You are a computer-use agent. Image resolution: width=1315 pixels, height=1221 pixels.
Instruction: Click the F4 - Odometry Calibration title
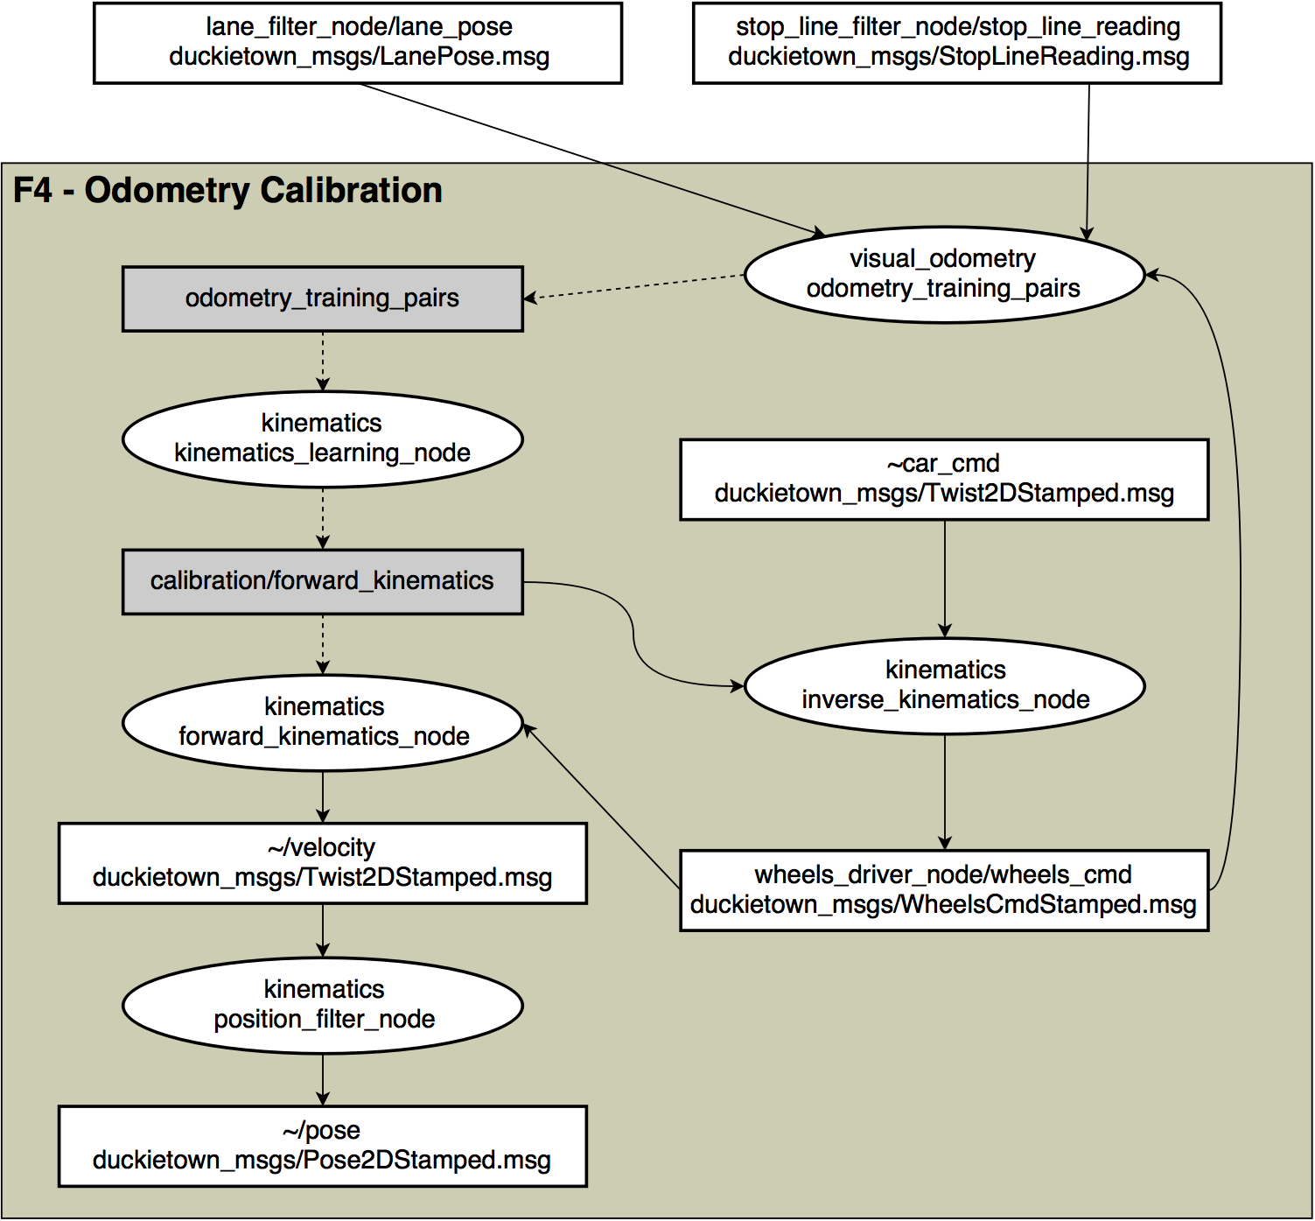point(227,191)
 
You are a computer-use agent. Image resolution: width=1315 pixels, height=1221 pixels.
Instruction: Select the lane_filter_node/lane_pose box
point(358,43)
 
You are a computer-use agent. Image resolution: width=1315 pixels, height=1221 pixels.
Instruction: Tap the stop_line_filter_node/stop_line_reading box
point(957,43)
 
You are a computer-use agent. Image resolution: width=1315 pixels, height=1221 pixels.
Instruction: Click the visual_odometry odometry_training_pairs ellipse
point(943,275)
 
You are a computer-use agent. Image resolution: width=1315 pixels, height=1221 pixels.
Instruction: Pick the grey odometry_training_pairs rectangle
point(322,299)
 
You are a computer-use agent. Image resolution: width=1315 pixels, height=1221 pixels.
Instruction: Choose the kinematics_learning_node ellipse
point(322,439)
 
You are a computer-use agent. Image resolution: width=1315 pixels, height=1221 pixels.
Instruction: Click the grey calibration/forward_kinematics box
point(322,582)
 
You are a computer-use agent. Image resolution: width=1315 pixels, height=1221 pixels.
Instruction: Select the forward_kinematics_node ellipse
point(323,722)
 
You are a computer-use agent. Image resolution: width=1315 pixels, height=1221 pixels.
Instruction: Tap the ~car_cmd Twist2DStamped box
point(944,480)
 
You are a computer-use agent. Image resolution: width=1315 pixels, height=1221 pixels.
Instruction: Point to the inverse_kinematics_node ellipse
point(944,685)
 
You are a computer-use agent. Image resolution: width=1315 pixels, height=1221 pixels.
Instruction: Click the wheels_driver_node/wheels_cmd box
point(944,890)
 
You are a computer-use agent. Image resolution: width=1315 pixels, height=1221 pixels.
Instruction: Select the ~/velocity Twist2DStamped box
point(322,863)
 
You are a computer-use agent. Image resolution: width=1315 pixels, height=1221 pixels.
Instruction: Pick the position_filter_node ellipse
point(323,1005)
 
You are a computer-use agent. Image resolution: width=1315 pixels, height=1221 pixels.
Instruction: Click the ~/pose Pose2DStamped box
point(322,1146)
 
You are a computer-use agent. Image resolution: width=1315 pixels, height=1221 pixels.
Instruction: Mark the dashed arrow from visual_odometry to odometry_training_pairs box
point(634,287)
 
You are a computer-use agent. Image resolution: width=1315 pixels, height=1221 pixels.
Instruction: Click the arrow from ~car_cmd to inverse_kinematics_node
point(944,578)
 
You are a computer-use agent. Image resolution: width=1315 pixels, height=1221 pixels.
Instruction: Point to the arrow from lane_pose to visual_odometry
point(595,160)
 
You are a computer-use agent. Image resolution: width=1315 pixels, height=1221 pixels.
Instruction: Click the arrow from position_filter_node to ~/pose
point(323,1079)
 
